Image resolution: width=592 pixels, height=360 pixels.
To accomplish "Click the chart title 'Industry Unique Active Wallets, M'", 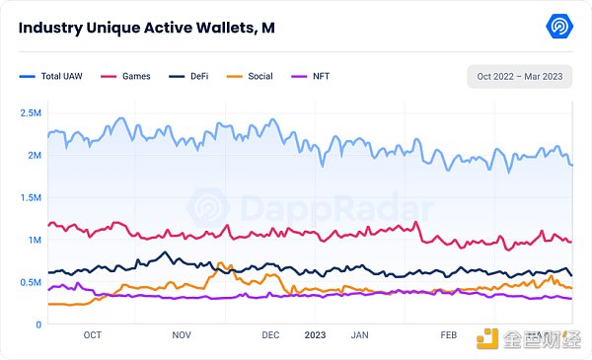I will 146,28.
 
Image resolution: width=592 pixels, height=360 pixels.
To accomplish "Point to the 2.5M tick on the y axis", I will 30,112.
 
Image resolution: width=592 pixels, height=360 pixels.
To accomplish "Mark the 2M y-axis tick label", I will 34,155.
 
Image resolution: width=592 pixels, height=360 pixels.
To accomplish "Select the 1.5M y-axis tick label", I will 30,197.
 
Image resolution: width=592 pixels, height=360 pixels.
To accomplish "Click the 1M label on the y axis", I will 34,240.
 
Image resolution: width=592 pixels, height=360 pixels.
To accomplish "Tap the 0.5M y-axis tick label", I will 30,282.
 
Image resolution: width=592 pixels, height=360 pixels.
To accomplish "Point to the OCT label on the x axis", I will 92,335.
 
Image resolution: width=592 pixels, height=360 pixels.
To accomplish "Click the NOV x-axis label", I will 182,335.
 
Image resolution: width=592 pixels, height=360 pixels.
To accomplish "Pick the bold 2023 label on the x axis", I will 315,335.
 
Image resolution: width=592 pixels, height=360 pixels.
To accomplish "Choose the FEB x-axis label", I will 449,335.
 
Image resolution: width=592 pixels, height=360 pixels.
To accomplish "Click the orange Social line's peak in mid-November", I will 221,263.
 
